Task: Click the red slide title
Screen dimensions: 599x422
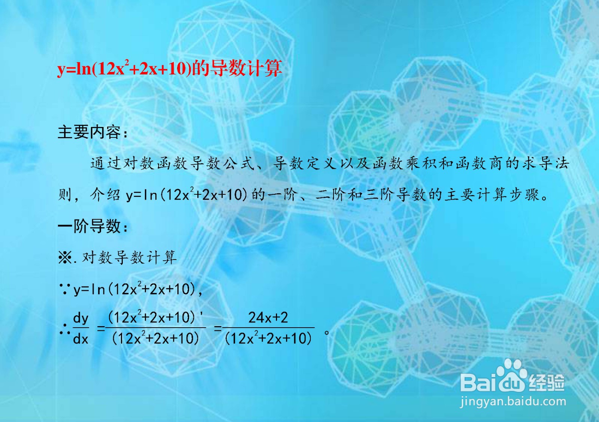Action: coord(170,69)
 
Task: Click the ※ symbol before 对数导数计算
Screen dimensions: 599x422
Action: coord(65,258)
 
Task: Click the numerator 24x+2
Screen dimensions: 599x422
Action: coord(268,318)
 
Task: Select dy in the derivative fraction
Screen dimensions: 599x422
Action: coord(80,319)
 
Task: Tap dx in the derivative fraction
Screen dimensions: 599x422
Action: coord(80,339)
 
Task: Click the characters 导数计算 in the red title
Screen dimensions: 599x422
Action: coord(246,69)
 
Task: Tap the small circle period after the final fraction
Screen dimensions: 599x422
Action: coord(326,333)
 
